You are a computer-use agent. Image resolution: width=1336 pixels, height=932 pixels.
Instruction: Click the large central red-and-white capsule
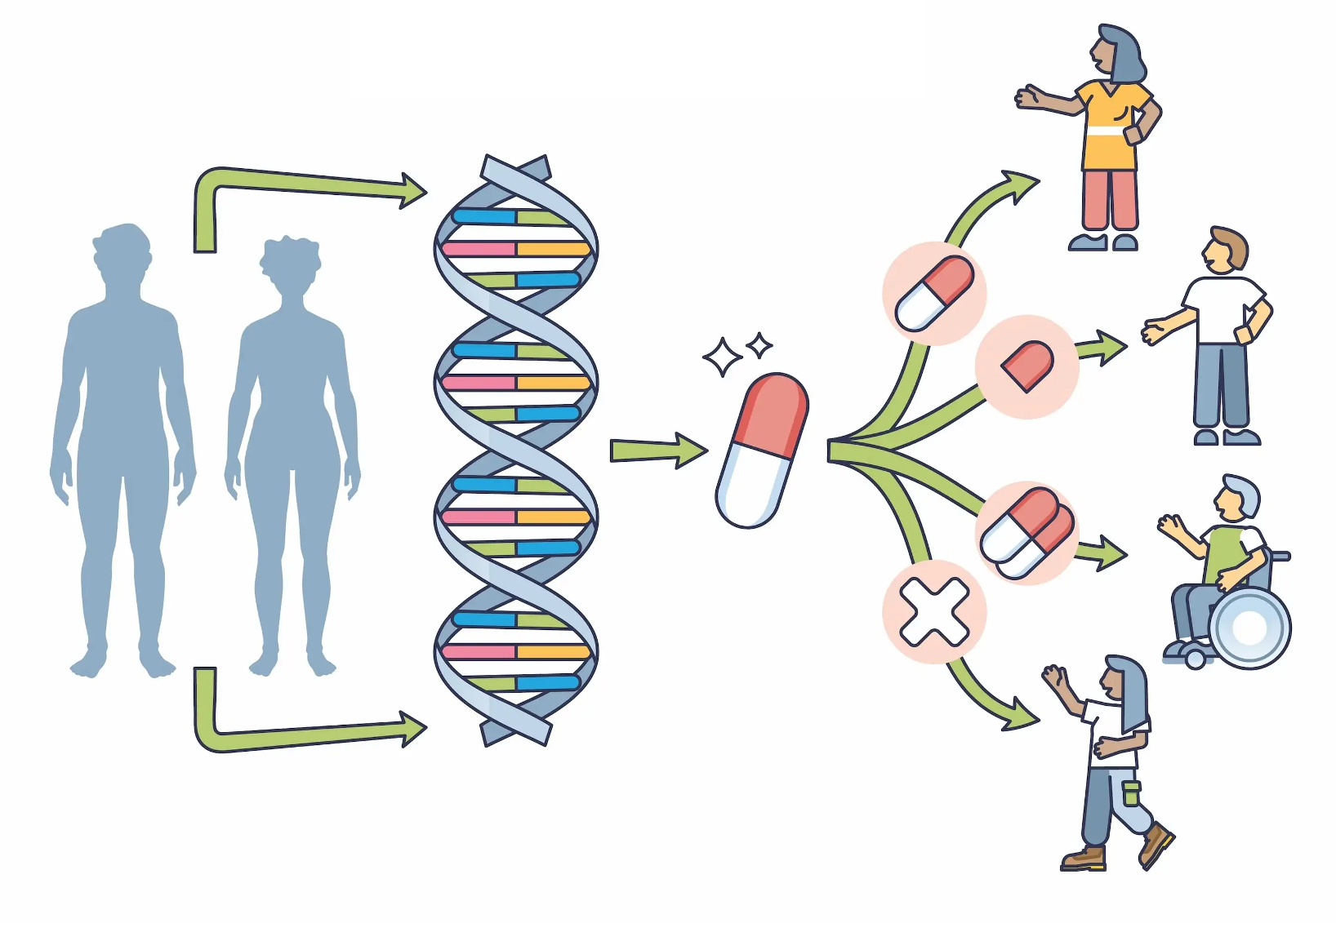[x=761, y=450]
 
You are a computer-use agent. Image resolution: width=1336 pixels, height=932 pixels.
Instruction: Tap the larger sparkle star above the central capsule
[x=722, y=357]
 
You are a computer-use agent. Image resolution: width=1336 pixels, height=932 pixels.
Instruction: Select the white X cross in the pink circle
[x=934, y=611]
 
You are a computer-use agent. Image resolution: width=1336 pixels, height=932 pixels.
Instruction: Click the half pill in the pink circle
[x=1027, y=365]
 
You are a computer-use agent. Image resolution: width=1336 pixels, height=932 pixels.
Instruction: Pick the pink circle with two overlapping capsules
[x=1027, y=533]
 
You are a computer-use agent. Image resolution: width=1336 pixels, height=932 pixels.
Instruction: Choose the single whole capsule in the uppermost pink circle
[x=934, y=293]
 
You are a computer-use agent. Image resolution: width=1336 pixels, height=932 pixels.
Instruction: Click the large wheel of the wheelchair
[x=1249, y=628]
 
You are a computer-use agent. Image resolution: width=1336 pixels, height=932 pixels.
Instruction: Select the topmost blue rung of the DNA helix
[x=483, y=217]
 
